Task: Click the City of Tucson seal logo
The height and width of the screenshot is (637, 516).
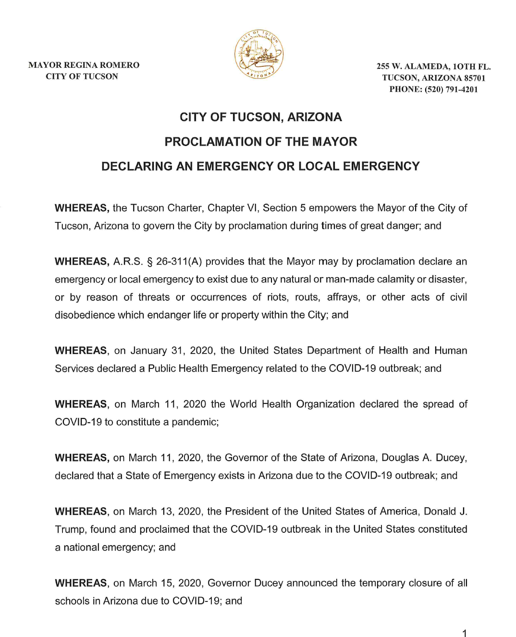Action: pyautogui.click(x=258, y=54)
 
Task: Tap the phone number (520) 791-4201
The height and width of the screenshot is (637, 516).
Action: pyautogui.click(x=451, y=89)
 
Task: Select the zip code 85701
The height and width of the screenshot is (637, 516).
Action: pyautogui.click(x=475, y=78)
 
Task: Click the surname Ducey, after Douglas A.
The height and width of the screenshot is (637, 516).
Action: pyautogui.click(x=451, y=458)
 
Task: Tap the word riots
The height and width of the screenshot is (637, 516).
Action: pyautogui.click(x=278, y=297)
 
